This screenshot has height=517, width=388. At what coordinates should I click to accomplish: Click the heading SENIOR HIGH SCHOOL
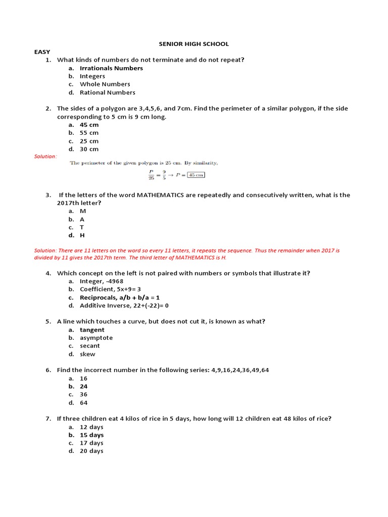coord(193,44)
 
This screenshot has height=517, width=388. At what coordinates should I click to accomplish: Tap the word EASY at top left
coord(42,52)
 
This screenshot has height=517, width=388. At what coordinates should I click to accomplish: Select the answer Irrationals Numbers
coord(111,68)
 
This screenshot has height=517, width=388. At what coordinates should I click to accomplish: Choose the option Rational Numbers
coord(107,92)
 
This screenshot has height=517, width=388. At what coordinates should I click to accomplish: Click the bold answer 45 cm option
coord(89,125)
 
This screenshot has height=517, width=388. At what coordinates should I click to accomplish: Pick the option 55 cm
coord(89,133)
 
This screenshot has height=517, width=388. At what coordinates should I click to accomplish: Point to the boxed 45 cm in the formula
coord(196,175)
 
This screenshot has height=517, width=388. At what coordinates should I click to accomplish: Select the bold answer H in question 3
coord(82,235)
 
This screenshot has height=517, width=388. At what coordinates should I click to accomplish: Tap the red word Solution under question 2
coord(45,157)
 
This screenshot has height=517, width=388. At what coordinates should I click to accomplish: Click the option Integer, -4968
coord(101,281)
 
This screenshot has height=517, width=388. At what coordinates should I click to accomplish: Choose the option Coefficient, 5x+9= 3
coord(110,289)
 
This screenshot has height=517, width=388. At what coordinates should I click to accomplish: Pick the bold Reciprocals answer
coord(119,297)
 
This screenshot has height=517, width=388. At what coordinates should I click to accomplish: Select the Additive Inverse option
coord(124,305)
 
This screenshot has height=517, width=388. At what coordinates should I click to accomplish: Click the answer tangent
coord(92,330)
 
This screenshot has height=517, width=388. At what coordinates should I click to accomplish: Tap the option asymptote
coord(96,338)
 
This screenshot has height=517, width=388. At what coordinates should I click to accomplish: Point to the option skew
coord(87,354)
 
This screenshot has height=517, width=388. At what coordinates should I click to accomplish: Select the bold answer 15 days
coord(91,435)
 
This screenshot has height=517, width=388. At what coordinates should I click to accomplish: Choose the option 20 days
coord(91,451)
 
